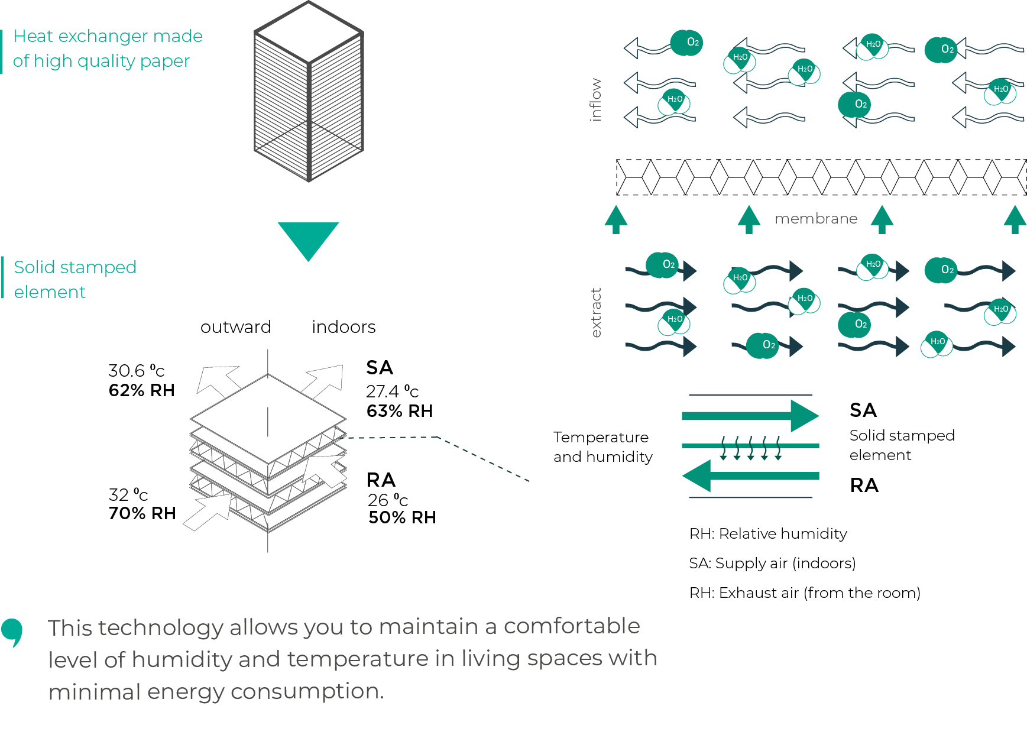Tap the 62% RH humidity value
tap(142, 390)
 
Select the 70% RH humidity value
tap(142, 513)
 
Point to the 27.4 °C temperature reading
tap(392, 391)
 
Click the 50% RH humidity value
tap(402, 517)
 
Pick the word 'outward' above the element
tap(236, 327)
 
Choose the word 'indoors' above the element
tap(344, 327)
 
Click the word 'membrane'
tap(816, 219)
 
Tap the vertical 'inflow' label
tap(595, 99)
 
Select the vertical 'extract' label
tap(596, 312)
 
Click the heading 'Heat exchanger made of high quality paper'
tap(108, 48)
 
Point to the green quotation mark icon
tap(12, 632)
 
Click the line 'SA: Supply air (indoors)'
tap(772, 563)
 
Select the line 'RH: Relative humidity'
tap(768, 533)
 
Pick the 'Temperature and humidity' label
tap(602, 447)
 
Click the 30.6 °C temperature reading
tap(136, 371)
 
